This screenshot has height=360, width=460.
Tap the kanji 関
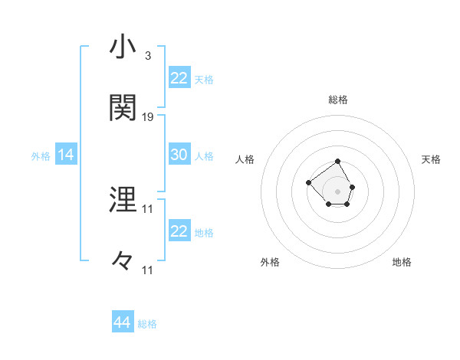pyautogui.click(x=123, y=108)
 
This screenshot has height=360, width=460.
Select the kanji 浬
pyautogui.click(x=123, y=200)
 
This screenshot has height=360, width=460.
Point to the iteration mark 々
pyautogui.click(x=123, y=261)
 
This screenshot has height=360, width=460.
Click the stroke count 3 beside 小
pyautogui.click(x=147, y=56)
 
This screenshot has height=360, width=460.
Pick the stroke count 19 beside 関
pyautogui.click(x=148, y=117)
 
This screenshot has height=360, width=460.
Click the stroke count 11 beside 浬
pyautogui.click(x=148, y=208)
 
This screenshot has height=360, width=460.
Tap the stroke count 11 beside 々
pyautogui.click(x=148, y=270)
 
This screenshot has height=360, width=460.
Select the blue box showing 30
pyautogui.click(x=179, y=155)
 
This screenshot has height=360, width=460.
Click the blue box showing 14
pyautogui.click(x=66, y=155)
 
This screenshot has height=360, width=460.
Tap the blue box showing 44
pyautogui.click(x=122, y=322)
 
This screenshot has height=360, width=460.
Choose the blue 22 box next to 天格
pyautogui.click(x=179, y=78)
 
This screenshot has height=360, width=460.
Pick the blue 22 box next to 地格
pyautogui.click(x=179, y=231)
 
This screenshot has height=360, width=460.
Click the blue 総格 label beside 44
pyautogui.click(x=147, y=324)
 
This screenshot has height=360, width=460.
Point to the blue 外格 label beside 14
pyautogui.click(x=41, y=155)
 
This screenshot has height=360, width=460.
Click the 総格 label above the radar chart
pyautogui.click(x=338, y=100)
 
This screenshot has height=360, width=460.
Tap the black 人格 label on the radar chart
pyautogui.click(x=245, y=159)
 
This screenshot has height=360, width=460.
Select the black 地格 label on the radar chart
pyautogui.click(x=402, y=262)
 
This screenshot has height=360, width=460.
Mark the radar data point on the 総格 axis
pyautogui.click(x=338, y=162)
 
